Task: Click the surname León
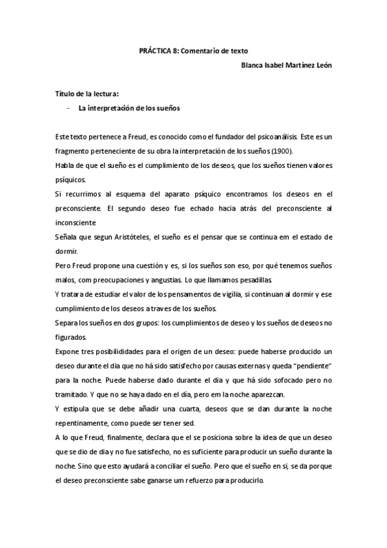click(324, 65)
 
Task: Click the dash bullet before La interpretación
click(68, 109)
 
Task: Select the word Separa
click(66, 321)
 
